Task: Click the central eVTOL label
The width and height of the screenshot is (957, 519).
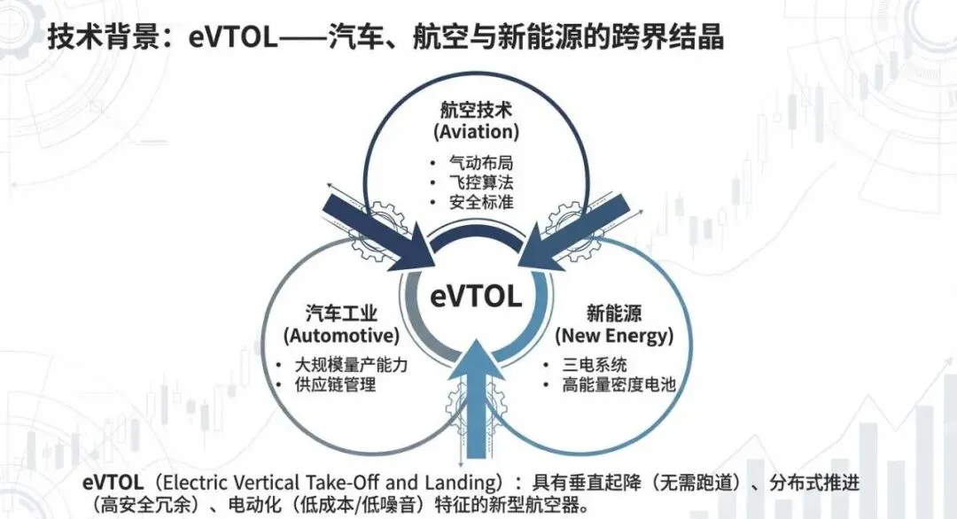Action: [x=476, y=297]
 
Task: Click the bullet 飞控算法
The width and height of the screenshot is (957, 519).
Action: [x=482, y=182]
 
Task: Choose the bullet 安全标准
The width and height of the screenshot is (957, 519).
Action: [x=482, y=201]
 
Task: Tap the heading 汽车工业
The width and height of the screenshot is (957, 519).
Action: [x=340, y=314]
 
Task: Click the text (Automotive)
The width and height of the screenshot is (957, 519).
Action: [x=340, y=336]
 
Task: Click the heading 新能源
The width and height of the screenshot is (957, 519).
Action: [x=613, y=314]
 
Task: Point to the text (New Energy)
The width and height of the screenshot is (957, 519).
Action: [x=613, y=336]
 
